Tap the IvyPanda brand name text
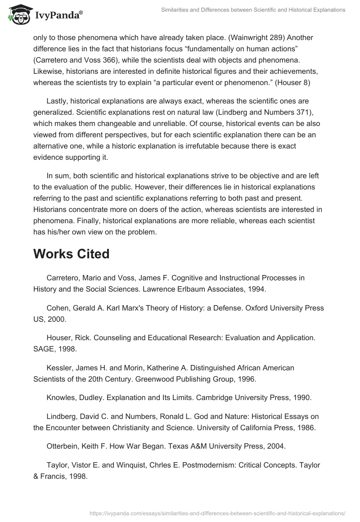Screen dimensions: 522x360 (58, 16)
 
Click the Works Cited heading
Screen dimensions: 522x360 (71, 254)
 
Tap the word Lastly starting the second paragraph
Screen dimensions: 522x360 (58, 101)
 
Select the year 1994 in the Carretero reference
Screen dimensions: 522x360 (257, 289)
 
